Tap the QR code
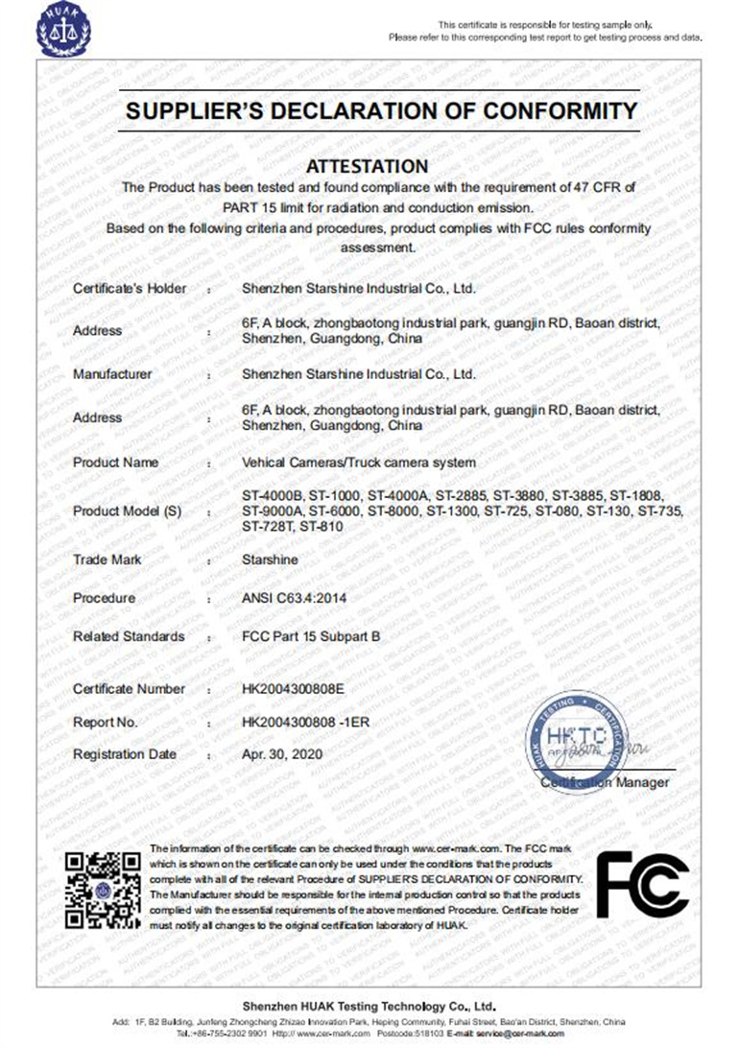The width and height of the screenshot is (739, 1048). pos(103,889)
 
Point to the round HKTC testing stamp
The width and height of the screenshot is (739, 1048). pos(577,740)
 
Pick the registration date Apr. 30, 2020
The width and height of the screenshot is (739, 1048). pos(283,754)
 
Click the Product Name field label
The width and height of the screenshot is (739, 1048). pos(115,463)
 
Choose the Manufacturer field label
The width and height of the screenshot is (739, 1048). pos(112,374)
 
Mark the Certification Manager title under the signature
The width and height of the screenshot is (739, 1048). pos(605,782)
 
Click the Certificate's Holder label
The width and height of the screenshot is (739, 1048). pos(130,288)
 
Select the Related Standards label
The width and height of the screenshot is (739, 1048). pos(129,636)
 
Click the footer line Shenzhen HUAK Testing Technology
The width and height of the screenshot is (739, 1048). pos(369,1006)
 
